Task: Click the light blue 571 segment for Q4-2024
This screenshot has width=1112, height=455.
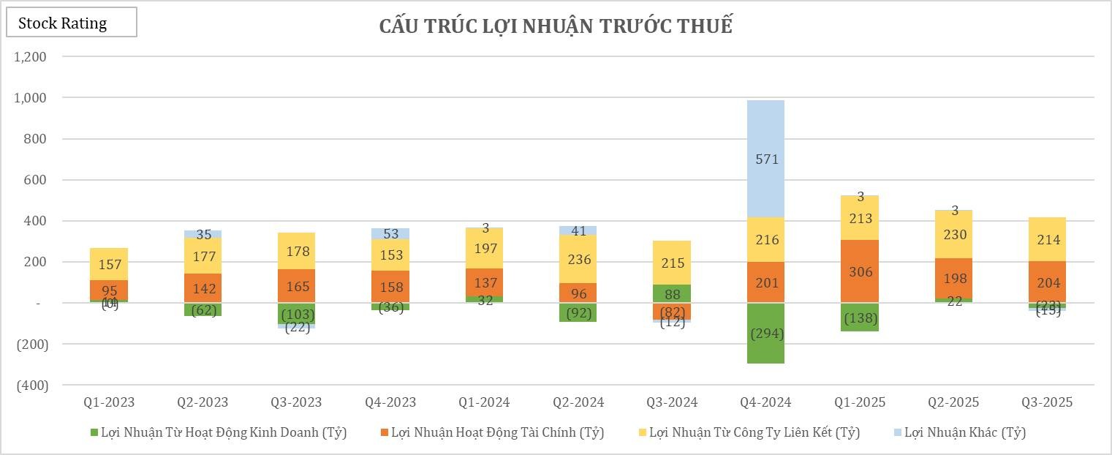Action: pyautogui.click(x=766, y=159)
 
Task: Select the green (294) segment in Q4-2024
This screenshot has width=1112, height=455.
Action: pyautogui.click(x=766, y=333)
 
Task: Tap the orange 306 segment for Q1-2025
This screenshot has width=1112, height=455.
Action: pyautogui.click(x=860, y=271)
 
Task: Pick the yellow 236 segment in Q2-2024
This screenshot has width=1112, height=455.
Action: pyautogui.click(x=578, y=259)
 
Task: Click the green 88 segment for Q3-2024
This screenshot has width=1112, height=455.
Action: pyautogui.click(x=672, y=293)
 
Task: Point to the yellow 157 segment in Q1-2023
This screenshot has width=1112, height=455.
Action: pyautogui.click(x=109, y=264)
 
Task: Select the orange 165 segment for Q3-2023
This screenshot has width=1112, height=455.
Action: pyautogui.click(x=297, y=286)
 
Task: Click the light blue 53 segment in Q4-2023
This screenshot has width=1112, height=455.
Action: pyautogui.click(x=390, y=234)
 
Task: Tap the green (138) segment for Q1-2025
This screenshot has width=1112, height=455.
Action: pyautogui.click(x=860, y=317)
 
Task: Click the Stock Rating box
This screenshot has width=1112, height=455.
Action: pyautogui.click(x=71, y=23)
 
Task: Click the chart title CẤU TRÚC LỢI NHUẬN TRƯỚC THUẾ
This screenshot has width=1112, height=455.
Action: pyautogui.click(x=556, y=26)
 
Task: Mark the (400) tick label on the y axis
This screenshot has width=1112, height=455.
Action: pyautogui.click(x=31, y=385)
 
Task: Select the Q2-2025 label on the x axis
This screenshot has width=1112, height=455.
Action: pyautogui.click(x=953, y=402)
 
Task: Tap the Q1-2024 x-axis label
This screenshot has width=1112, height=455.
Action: pyautogui.click(x=484, y=402)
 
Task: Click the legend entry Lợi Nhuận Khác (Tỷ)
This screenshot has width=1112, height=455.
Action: pyautogui.click(x=964, y=432)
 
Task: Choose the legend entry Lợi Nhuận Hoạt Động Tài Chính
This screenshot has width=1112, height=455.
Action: pyautogui.click(x=497, y=432)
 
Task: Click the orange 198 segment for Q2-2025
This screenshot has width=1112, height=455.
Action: pyautogui.click(x=953, y=279)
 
